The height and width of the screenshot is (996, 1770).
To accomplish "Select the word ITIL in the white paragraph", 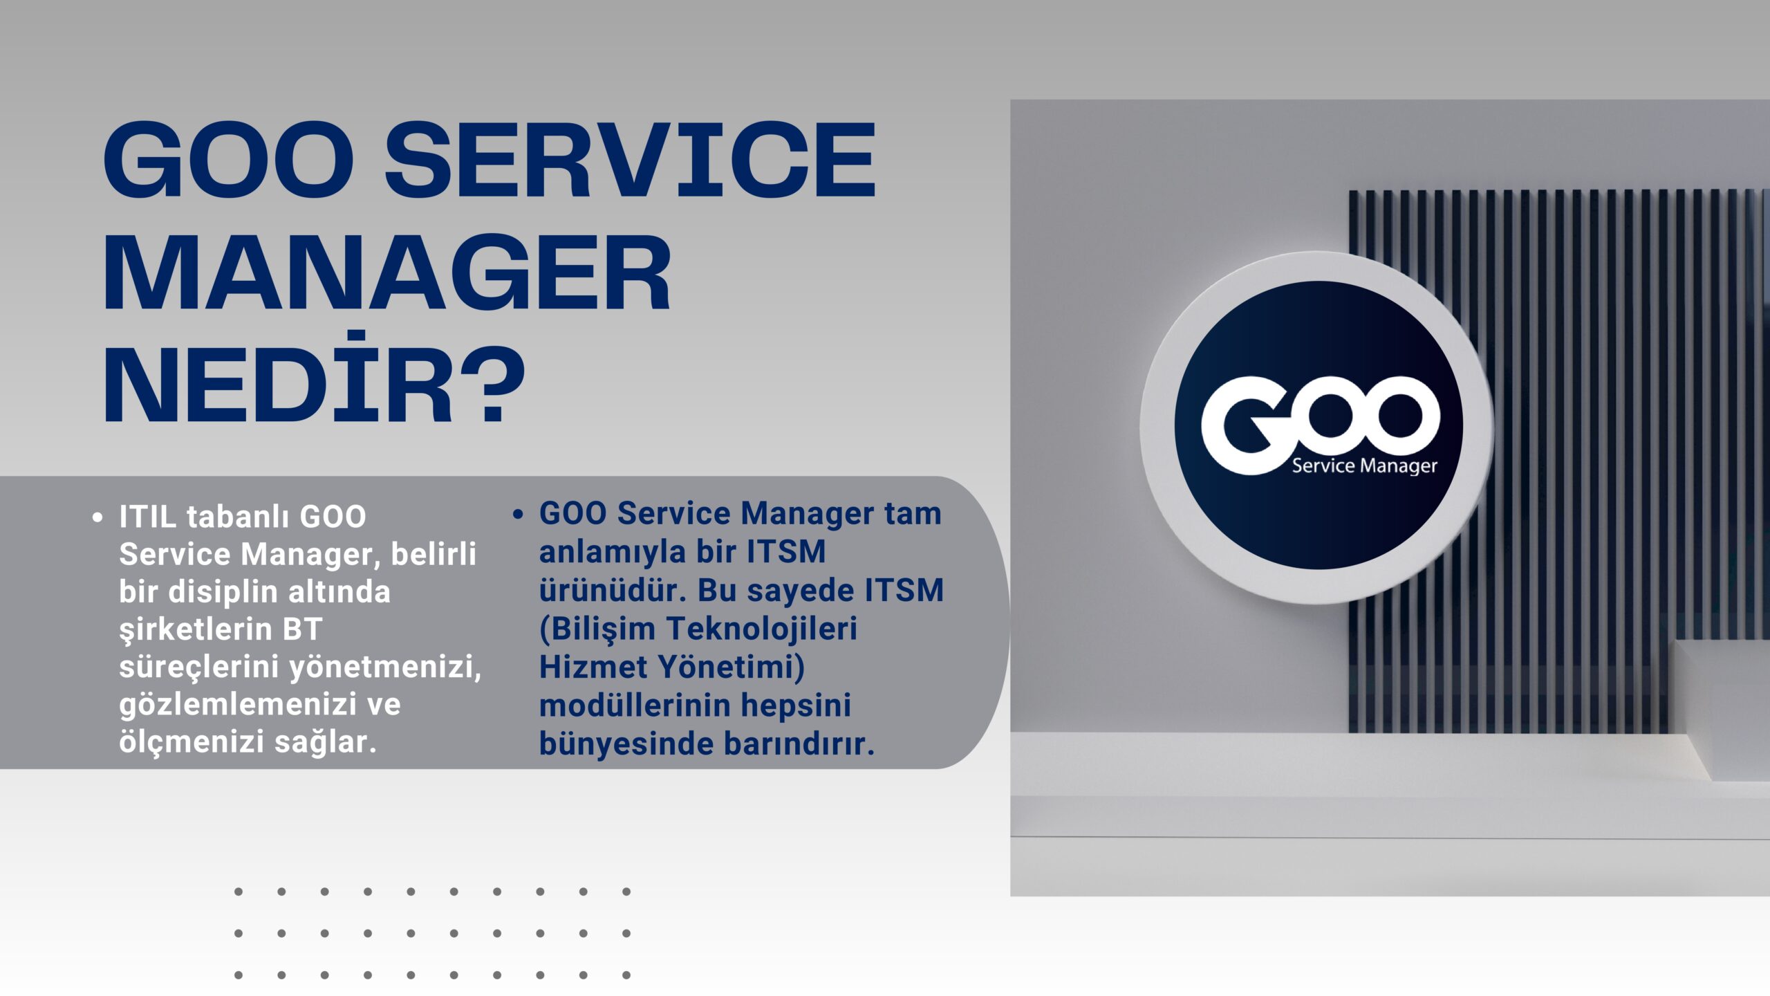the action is coord(147,517).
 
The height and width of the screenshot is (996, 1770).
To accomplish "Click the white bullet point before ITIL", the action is coord(97,517).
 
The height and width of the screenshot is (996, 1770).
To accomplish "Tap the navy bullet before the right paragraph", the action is coord(518,514).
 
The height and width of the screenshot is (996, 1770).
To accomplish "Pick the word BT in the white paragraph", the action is coord(303,629).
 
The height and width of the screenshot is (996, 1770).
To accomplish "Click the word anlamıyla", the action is coord(613,553).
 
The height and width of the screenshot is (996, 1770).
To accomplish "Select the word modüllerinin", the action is coord(635,705).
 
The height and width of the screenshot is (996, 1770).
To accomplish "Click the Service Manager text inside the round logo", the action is coord(1365,465).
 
